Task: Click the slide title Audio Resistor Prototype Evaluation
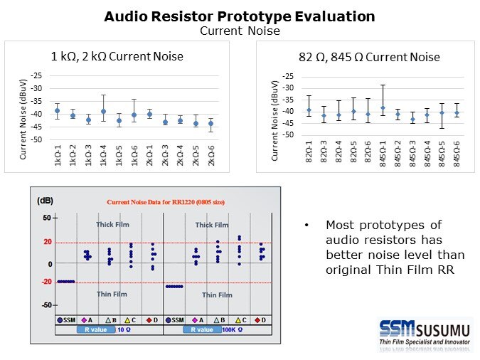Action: [239, 16]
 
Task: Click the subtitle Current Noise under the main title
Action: [239, 31]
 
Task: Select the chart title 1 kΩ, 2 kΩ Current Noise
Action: [117, 56]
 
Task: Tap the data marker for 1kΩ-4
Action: [103, 111]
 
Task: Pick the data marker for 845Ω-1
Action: [383, 108]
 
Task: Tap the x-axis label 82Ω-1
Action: [309, 155]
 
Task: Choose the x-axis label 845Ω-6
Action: [456, 155]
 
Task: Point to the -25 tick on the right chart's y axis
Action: [289, 76]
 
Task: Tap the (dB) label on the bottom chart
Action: [45, 201]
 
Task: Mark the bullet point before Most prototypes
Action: [306, 226]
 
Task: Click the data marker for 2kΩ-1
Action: [149, 114]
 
